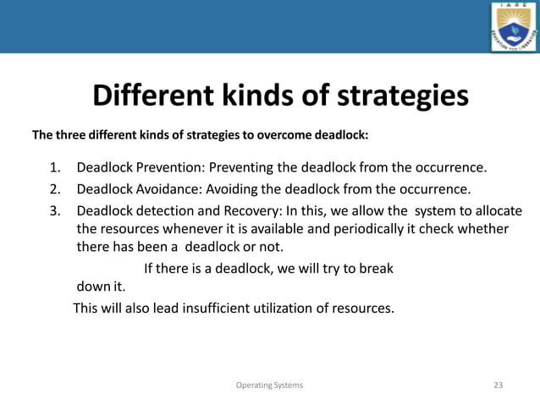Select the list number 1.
pyautogui.click(x=54, y=167)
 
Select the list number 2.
pyautogui.click(x=54, y=188)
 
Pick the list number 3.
pyautogui.click(x=54, y=210)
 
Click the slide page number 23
pyautogui.click(x=498, y=385)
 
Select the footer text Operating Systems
pyautogui.click(x=270, y=385)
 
